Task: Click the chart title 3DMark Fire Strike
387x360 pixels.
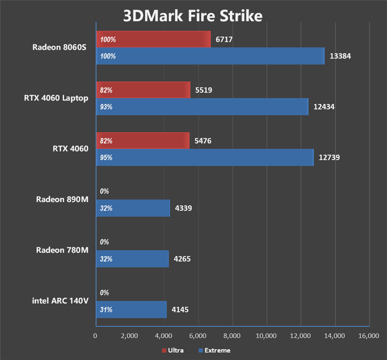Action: pos(193,15)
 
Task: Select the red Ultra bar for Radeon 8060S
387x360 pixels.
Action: pos(153,39)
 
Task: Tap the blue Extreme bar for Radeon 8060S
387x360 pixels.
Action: pos(210,56)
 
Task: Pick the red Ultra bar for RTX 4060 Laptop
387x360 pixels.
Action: pos(143,90)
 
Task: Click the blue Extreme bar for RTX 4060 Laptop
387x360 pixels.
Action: pos(202,107)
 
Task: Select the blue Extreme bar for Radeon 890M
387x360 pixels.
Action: pos(133,208)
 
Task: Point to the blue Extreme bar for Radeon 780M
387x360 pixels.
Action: pos(132,259)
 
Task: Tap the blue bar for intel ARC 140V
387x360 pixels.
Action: pos(131,310)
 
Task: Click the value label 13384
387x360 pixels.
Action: pos(340,56)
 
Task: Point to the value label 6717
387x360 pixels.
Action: pos(224,39)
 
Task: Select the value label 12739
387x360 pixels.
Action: pos(330,158)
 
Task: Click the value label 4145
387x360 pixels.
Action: pos(180,310)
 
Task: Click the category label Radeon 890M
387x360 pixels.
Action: pos(62,199)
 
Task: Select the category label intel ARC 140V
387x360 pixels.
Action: pos(60,301)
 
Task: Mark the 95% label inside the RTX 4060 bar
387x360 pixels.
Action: pos(106,158)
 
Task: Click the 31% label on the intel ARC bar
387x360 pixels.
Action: pos(106,310)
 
